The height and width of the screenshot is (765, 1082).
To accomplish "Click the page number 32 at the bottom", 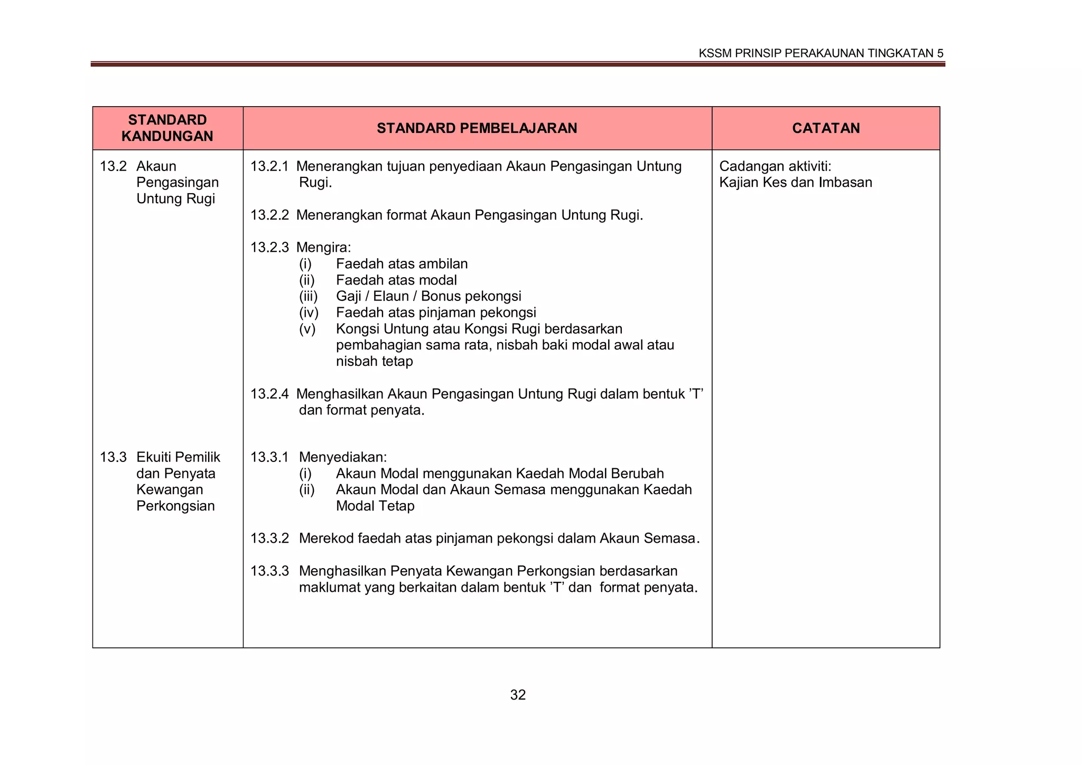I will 518,695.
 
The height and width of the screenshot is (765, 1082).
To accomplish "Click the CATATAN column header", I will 826,128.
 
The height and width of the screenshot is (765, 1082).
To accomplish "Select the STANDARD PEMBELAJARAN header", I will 477,128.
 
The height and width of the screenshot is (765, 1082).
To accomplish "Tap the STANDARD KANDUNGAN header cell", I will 167,128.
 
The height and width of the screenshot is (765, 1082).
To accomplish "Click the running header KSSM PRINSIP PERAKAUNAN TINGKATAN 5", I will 820,53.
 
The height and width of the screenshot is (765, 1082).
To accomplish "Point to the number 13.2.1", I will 269,166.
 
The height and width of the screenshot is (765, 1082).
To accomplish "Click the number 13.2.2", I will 269,215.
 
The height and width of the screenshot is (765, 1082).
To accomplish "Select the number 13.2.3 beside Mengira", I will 269,247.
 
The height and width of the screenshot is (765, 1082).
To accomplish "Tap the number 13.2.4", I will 269,394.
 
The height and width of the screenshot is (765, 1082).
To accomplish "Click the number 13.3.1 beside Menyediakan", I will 269,457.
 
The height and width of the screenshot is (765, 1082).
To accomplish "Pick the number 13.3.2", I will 269,539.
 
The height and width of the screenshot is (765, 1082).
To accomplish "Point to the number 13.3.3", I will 269,571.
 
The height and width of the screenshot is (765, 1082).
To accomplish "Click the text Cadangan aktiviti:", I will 775,166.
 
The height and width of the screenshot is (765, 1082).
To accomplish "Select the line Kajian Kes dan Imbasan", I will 795,183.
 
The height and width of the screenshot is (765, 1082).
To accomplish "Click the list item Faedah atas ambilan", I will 402,264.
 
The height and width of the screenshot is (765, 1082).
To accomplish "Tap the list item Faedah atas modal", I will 396,280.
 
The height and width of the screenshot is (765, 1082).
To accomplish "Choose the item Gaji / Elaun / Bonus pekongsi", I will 428,296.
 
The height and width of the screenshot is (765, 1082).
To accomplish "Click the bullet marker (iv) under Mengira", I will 309,313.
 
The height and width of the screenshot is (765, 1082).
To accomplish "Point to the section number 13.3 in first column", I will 113,457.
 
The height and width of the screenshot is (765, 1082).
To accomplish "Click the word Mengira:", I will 323,247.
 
